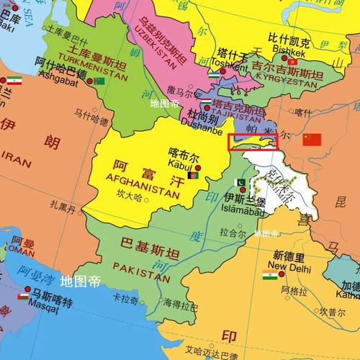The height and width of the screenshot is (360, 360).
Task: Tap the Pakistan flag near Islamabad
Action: pos(241,182)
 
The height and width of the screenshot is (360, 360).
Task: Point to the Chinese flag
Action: pos(312,139)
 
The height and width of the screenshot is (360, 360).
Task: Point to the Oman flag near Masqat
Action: pos(23,295)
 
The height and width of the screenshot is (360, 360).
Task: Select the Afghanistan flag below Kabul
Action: pos(192,175)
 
